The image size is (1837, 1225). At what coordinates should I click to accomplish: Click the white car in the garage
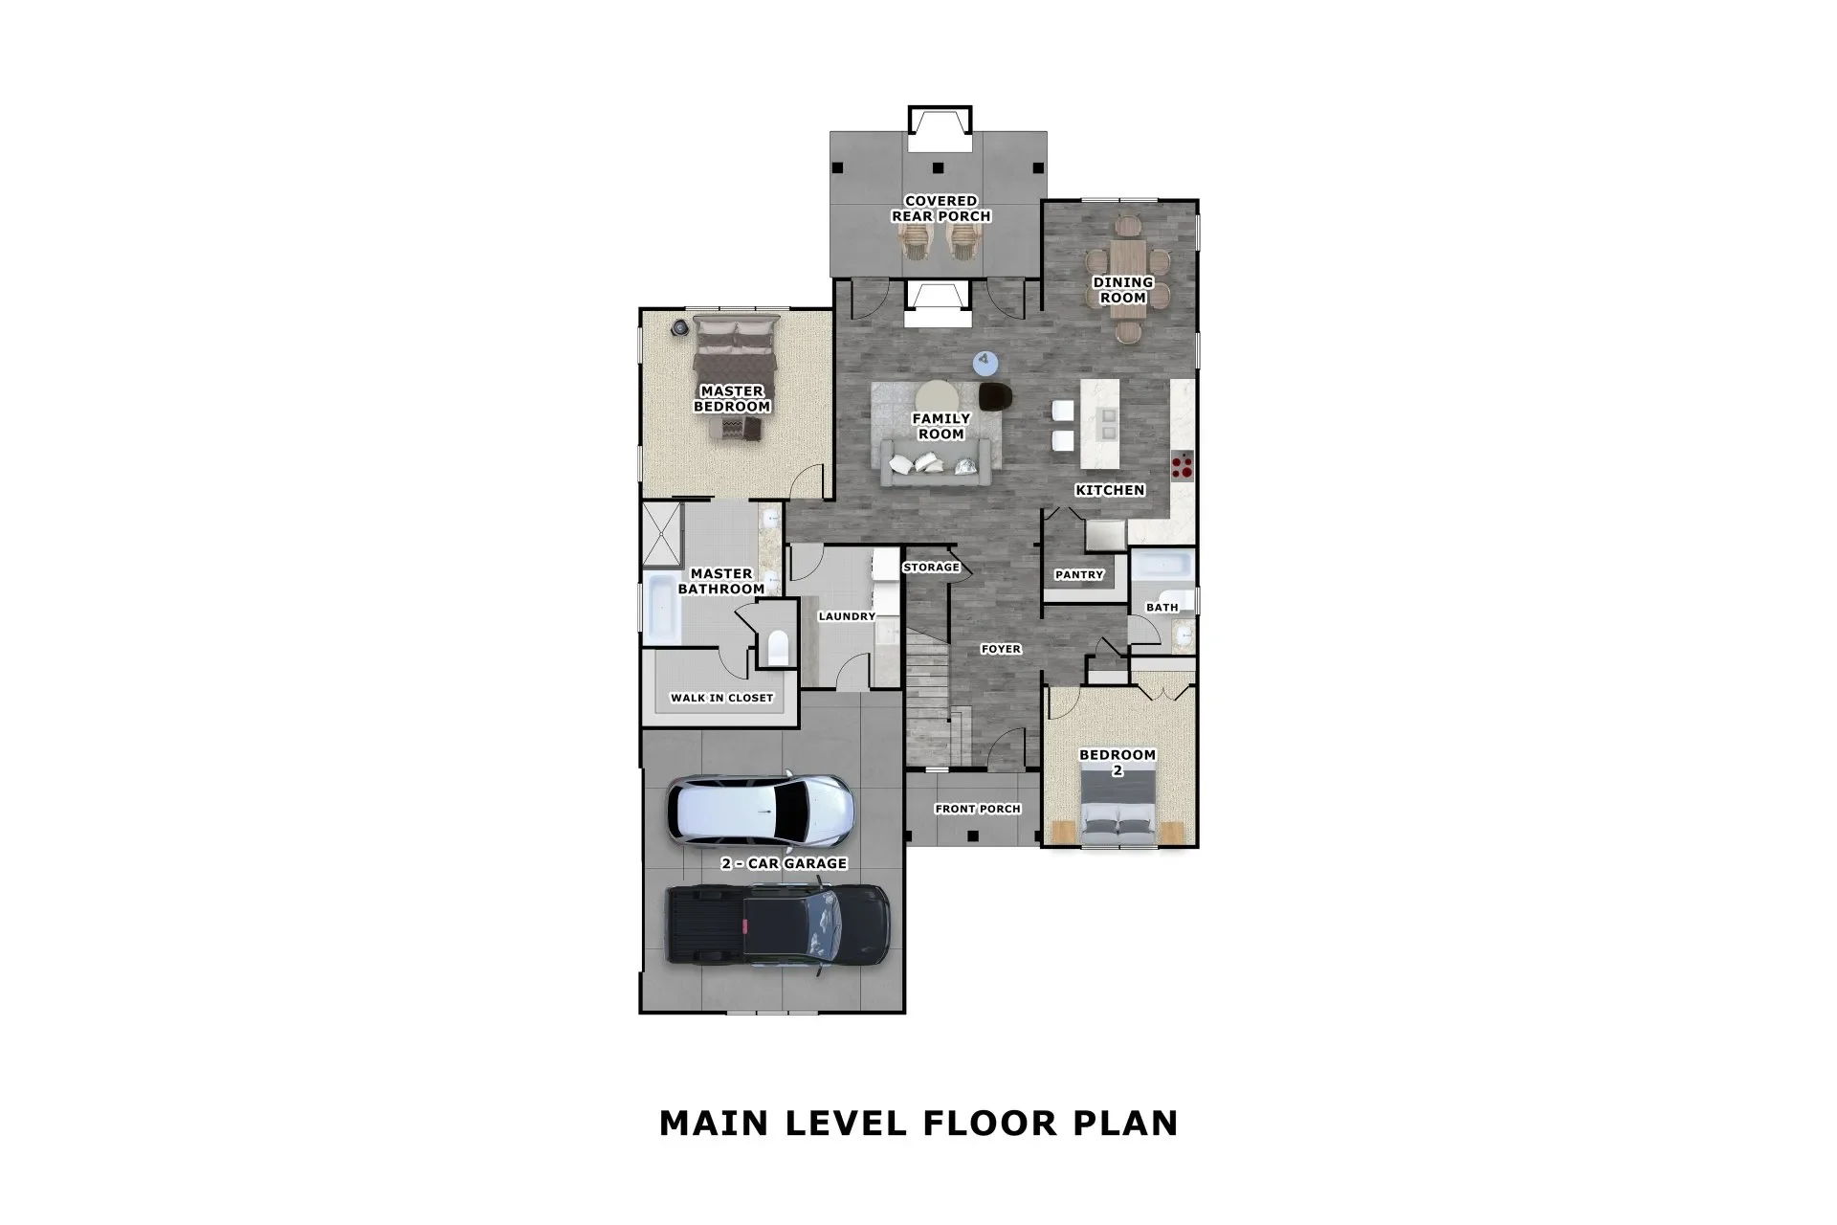coord(760,812)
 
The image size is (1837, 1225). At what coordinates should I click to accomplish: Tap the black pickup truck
coord(777,927)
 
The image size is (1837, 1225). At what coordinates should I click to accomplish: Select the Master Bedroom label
coord(732,398)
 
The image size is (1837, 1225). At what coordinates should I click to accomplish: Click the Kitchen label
coord(1110,490)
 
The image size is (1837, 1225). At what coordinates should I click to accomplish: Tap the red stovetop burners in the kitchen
coord(1183,465)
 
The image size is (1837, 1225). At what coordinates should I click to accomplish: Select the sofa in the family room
coord(939,464)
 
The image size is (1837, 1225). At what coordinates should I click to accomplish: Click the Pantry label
coord(1079,575)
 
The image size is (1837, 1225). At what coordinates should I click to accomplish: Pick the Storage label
coord(931,568)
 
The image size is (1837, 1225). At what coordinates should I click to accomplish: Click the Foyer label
coord(1001,649)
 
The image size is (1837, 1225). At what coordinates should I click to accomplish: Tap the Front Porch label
coord(978,809)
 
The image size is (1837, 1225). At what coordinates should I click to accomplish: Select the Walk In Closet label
coord(721,698)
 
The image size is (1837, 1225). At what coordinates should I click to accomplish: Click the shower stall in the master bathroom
coord(661,533)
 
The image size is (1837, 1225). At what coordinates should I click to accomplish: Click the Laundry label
coord(847,616)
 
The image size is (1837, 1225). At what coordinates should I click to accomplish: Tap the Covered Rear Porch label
coord(941,209)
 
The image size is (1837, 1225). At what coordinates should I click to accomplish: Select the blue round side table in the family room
coord(985,362)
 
